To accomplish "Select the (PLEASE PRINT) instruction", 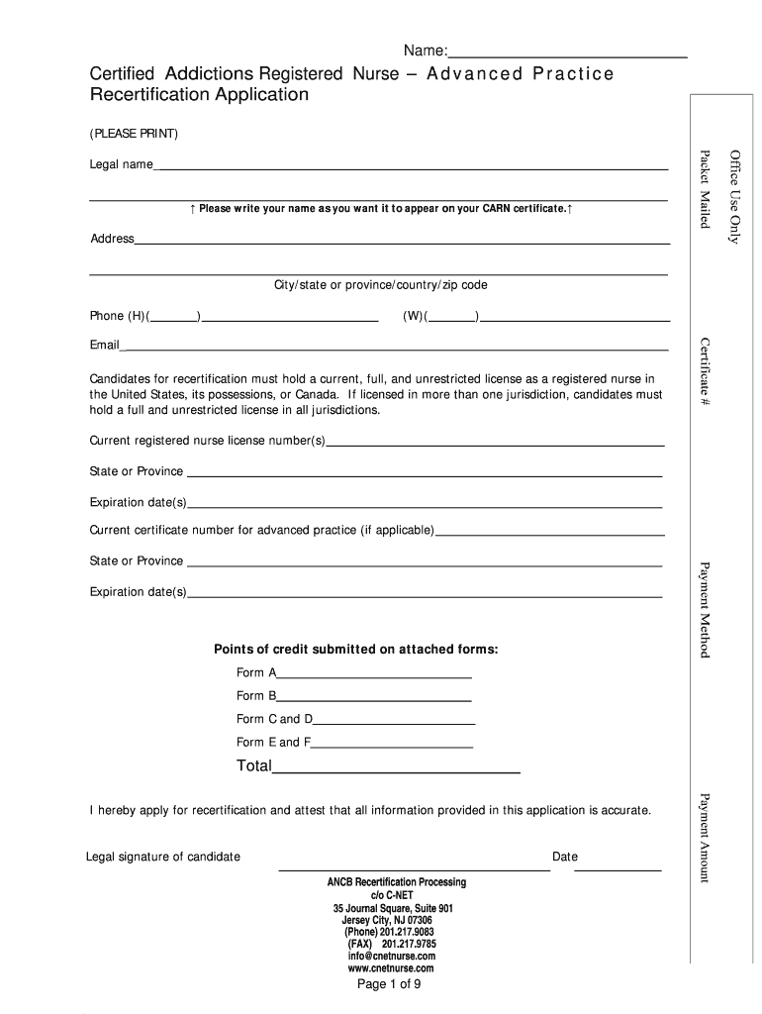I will pos(134,133).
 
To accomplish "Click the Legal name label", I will pos(121,164).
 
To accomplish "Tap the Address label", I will pos(112,239).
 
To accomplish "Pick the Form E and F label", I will pos(273,742).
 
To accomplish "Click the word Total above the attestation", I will pos(253,765).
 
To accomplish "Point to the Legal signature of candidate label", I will pos(163,857).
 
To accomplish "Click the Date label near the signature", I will pos(565,857).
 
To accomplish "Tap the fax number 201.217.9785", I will pos(397,944).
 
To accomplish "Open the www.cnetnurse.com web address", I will pos(391,968).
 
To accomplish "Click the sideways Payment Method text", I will pos(705,609).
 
